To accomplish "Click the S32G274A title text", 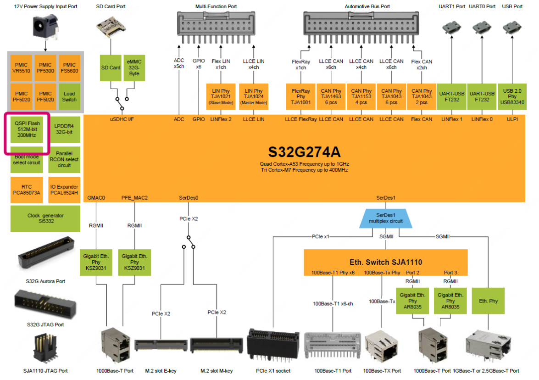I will (304, 152).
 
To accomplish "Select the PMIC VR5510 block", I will (22, 68).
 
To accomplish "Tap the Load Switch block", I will (69, 96).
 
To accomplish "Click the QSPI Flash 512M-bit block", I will (27, 130).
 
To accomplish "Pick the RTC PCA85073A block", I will (27, 190).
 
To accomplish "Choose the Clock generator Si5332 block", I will (45, 218).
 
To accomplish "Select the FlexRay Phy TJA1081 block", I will (300, 97).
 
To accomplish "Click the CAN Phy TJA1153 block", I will (361, 97).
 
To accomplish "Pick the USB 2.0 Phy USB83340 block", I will (512, 97).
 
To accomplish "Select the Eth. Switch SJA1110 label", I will (385, 262).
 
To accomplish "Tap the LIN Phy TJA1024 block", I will (254, 96).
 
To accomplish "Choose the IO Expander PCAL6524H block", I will (64, 190).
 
